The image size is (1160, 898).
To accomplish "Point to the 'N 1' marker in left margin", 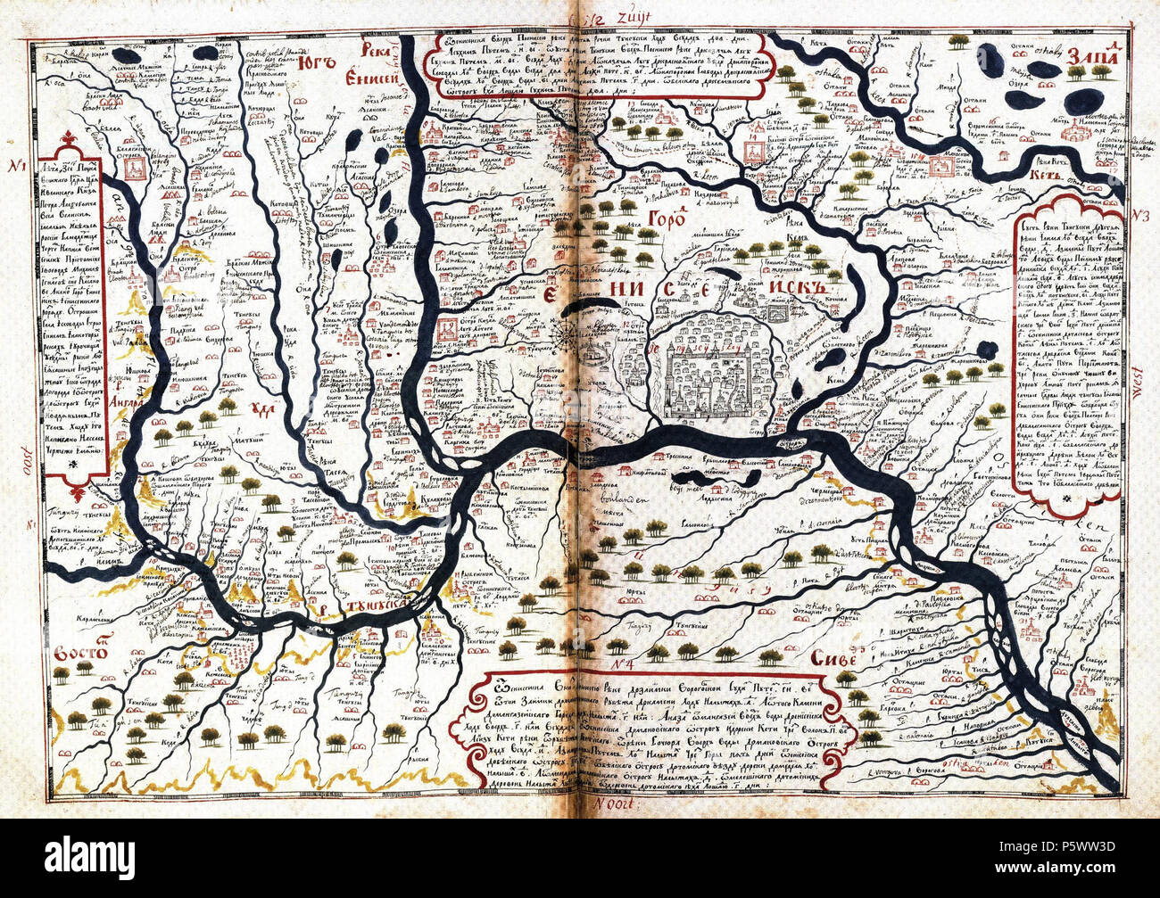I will (16, 167).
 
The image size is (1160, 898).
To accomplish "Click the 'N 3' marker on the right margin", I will (1137, 216).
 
